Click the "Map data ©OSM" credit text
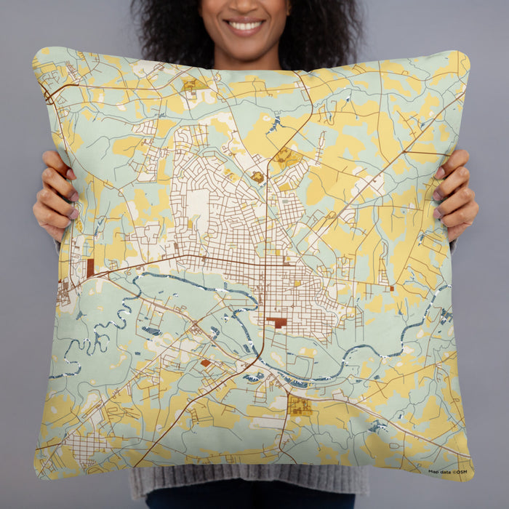click(447, 472)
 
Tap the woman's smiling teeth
click(246, 25)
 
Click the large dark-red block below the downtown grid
click(276, 321)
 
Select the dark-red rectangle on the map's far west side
click(90, 268)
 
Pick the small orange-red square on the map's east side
click(391, 289)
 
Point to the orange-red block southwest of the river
click(205, 362)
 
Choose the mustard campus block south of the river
click(299, 405)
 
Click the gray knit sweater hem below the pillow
click(247, 481)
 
